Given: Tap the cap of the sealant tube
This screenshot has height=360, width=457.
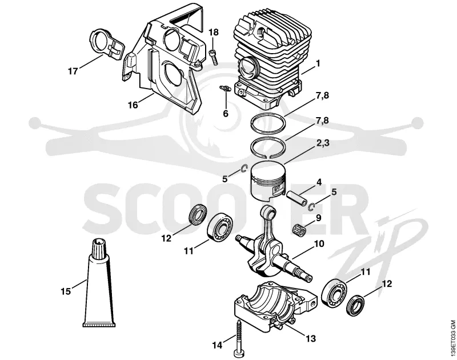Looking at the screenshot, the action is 99,249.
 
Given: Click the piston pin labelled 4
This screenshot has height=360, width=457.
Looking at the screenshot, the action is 296,198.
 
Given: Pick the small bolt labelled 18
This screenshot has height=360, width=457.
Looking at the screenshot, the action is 214,57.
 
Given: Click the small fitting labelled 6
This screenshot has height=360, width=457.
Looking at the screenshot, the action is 225,88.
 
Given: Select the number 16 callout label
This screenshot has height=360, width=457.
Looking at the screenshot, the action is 133,105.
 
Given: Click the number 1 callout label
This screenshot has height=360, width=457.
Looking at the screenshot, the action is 318,63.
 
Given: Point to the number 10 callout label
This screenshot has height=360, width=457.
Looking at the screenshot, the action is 319,243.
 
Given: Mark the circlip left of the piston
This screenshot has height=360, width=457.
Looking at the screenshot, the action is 244,169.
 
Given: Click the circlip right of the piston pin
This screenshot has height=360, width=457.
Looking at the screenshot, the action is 311,206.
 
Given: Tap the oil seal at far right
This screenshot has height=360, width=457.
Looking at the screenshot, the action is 355,305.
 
